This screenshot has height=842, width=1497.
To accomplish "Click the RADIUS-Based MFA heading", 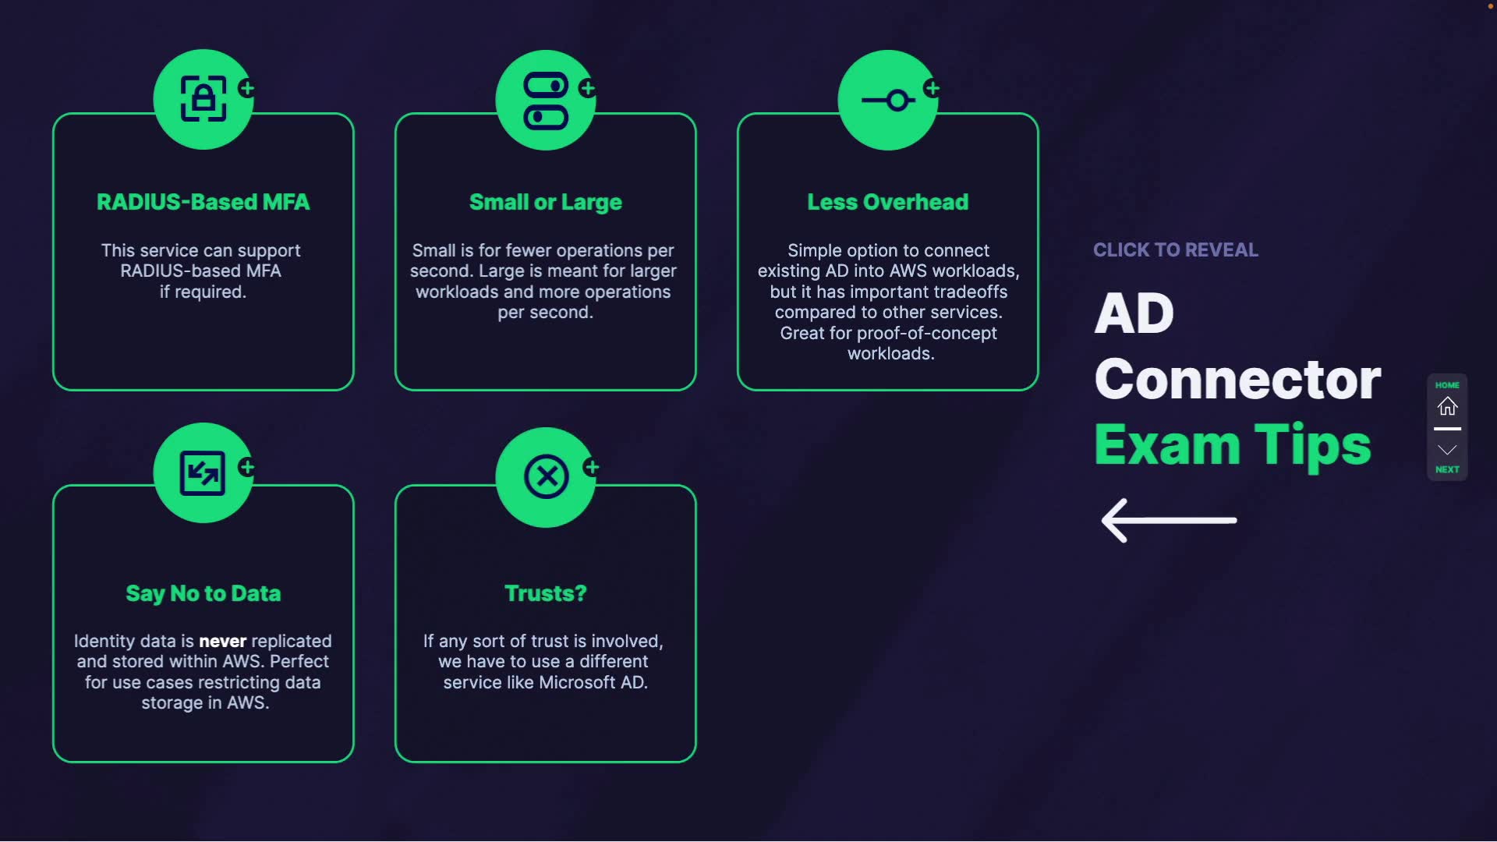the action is coord(203,202).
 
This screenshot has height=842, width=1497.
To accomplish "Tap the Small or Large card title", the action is coord(545,202).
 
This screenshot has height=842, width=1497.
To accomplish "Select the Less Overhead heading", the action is coord(887,202).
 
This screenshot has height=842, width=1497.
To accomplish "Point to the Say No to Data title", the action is coord(203,593).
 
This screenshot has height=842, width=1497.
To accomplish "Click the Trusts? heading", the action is coord(545,593).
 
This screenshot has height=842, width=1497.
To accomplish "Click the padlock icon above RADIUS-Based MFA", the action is coord(203,99).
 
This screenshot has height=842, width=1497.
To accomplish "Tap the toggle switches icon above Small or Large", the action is coord(546,100).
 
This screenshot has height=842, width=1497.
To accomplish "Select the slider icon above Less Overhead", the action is coord(888,101).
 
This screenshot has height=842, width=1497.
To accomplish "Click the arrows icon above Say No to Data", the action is coord(203,473).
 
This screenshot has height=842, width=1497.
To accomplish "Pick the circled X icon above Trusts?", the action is coord(546,476).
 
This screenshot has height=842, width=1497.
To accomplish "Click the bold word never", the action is coord(222,641).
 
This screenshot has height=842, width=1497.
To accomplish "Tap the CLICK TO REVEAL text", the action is coord(1175,250).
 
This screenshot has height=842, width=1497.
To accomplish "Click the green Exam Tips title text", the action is coord(1232,445).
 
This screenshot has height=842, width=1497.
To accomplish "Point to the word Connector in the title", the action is coord(1237,380).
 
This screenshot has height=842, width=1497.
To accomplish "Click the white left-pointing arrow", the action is coord(1168,520).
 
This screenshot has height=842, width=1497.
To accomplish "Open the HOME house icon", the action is coord(1447,406).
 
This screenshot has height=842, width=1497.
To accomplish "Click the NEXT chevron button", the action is coord(1447,451).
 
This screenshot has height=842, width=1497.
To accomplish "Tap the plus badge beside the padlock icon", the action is coord(247,88).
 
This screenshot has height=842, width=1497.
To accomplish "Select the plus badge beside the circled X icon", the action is coord(592,467).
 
